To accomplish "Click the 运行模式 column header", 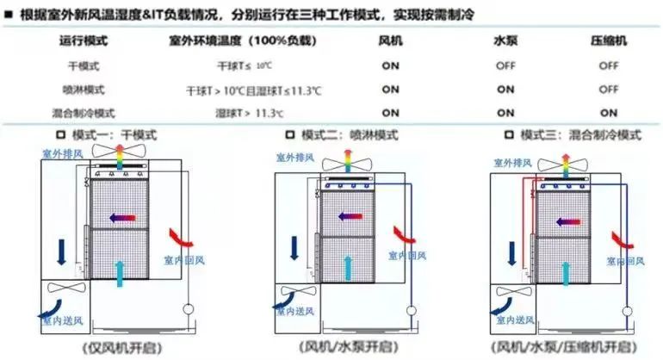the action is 84,41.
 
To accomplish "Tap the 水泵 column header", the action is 505,41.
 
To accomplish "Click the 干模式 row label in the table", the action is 84,65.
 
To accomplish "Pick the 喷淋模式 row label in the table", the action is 84,89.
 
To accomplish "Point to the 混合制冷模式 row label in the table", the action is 84,112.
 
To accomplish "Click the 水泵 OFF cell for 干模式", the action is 505,65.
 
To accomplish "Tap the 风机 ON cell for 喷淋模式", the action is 390,89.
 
